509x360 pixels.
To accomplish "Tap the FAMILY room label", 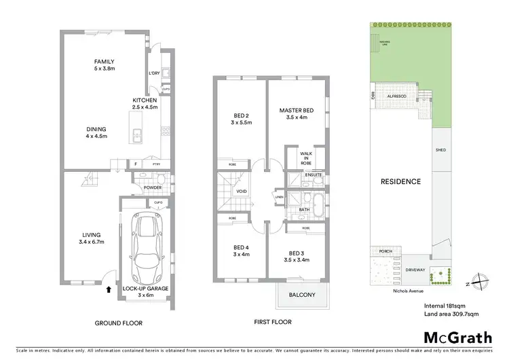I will coord(104,65).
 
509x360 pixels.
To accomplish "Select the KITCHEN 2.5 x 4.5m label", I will coord(145,103).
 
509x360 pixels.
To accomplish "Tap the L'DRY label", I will coord(153,73).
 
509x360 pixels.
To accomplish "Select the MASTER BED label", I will coord(297,113).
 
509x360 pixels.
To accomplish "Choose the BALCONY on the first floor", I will coord(302,295).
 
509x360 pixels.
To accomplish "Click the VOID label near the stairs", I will coord(241,192).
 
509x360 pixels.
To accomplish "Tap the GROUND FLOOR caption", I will coord(119,323).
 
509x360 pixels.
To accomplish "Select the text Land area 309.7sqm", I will coord(451,314).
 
